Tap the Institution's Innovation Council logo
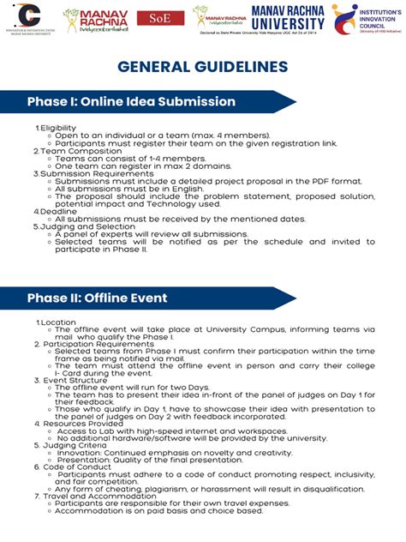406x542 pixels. pyautogui.click(x=366, y=19)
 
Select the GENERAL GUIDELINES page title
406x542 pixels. pyautogui.click(x=202, y=67)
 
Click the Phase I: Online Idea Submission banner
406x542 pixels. pyautogui.click(x=131, y=102)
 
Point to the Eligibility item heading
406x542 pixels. pyautogui.click(x=58, y=128)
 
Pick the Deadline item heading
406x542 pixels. pyautogui.click(x=57, y=210)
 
